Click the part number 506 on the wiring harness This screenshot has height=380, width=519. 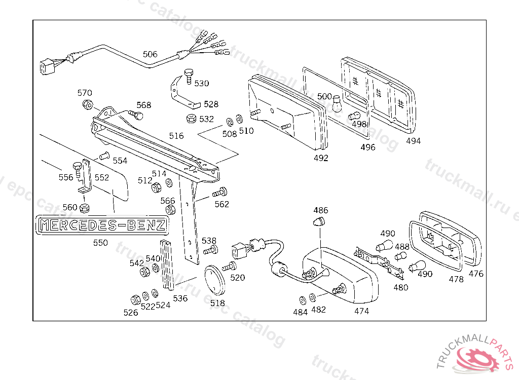coord(150,54)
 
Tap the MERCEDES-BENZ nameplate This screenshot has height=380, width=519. coord(102,225)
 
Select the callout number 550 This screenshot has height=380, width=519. coord(100,243)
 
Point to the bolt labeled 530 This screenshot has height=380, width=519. coord(189,75)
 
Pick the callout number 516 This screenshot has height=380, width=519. coord(176,136)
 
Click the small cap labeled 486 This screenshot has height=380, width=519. coord(320,221)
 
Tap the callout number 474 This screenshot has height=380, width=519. coord(362,311)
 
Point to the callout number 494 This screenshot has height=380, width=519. coord(413,141)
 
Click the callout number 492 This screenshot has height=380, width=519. coord(321,158)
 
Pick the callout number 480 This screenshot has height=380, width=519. coord(400,287)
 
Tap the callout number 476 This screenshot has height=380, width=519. coord(476,274)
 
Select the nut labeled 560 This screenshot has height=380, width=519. coord(85,207)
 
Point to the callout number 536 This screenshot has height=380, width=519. coord(180,298)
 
